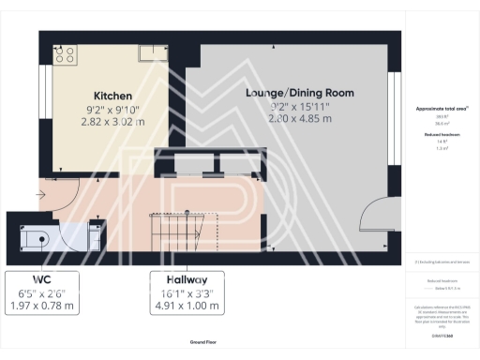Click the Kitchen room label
(112, 97)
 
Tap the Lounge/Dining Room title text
(288, 94)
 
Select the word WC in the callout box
(40, 280)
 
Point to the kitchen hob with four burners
(65, 54)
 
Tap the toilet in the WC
(35, 236)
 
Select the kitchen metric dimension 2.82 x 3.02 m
(112, 121)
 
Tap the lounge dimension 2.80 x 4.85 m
(287, 118)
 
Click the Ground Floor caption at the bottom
(204, 343)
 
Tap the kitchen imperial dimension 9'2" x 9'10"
(112, 109)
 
